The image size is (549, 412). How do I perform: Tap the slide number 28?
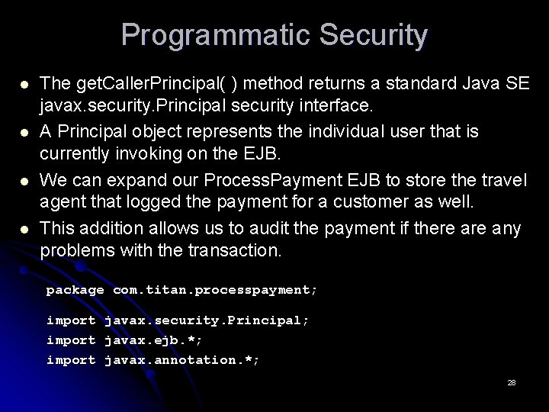511,383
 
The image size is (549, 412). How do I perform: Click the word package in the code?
75,290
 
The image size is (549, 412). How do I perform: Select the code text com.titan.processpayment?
215,290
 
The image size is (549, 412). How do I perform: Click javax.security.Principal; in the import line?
207,321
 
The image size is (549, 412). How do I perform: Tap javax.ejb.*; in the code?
153,340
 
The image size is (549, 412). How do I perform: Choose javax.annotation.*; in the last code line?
181,359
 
